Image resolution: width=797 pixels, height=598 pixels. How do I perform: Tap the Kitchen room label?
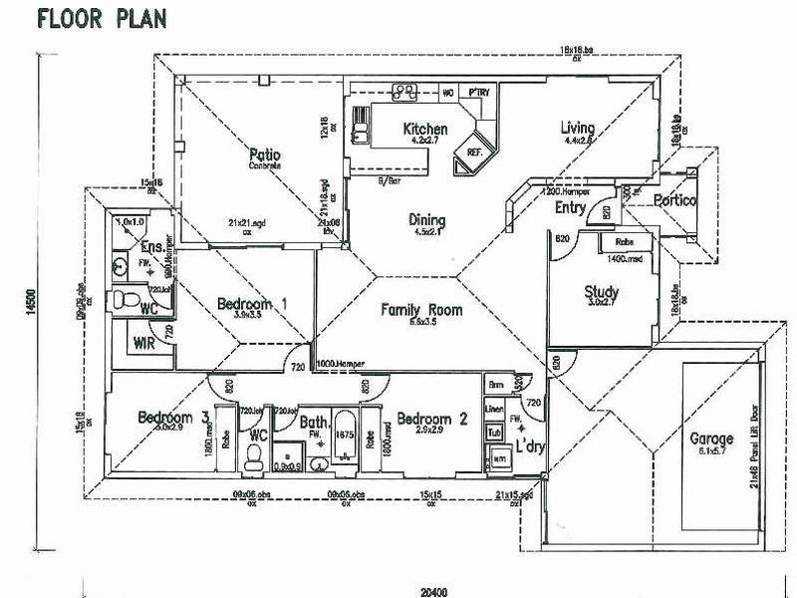tap(424, 130)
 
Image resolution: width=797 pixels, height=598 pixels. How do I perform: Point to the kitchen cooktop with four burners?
tap(404, 92)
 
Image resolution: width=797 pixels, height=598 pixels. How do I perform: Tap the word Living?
tap(578, 129)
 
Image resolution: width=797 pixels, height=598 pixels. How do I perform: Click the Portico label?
tap(675, 202)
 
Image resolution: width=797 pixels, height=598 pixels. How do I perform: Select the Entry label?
tap(569, 207)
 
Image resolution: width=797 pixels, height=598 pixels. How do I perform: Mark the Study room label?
tap(602, 293)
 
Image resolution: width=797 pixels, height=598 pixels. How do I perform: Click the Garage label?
tap(711, 438)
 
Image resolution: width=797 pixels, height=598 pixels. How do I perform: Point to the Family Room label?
tap(422, 310)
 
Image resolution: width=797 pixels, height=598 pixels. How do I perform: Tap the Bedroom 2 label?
tap(431, 420)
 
